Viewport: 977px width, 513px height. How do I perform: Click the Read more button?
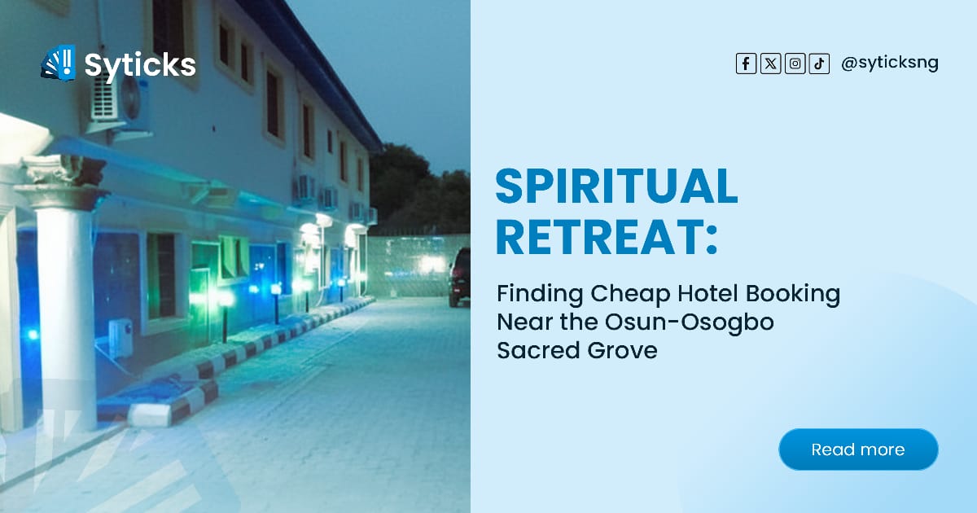tap(858, 449)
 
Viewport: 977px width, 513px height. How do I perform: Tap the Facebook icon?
tap(746, 64)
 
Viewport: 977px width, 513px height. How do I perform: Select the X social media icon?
tap(770, 64)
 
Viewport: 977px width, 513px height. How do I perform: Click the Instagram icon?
tap(795, 64)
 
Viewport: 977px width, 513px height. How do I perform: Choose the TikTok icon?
tap(818, 64)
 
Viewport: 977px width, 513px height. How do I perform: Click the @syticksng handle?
tap(889, 64)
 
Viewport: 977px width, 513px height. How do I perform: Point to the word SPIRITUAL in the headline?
tap(616, 187)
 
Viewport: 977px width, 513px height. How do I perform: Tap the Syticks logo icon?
tap(58, 63)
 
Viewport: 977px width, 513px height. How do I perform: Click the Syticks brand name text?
tap(140, 64)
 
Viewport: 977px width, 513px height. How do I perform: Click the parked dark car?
tap(460, 276)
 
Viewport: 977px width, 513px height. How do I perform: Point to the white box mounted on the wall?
tap(120, 338)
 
